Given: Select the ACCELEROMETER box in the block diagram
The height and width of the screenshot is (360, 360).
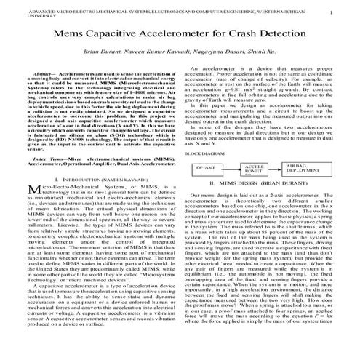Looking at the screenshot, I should tap(255, 169).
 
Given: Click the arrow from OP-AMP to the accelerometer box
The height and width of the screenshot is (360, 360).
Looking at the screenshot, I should tap(232, 167).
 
